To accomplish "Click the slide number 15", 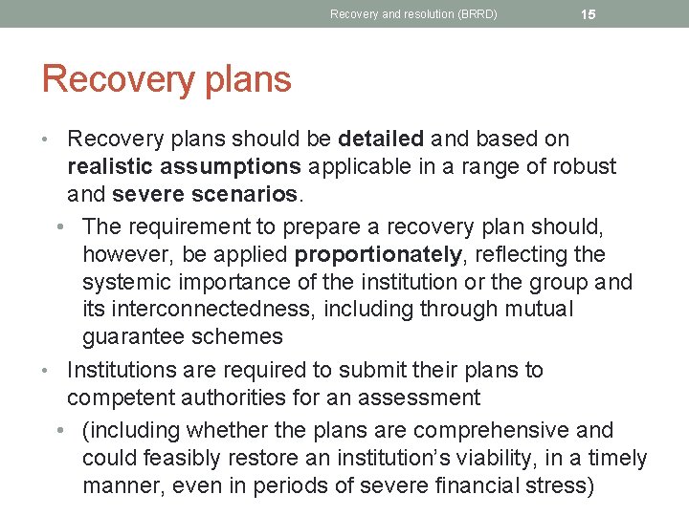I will [x=589, y=14].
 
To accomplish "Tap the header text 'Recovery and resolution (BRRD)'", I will [x=413, y=14].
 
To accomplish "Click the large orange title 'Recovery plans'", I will [x=167, y=79].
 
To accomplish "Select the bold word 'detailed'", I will [x=381, y=139].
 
